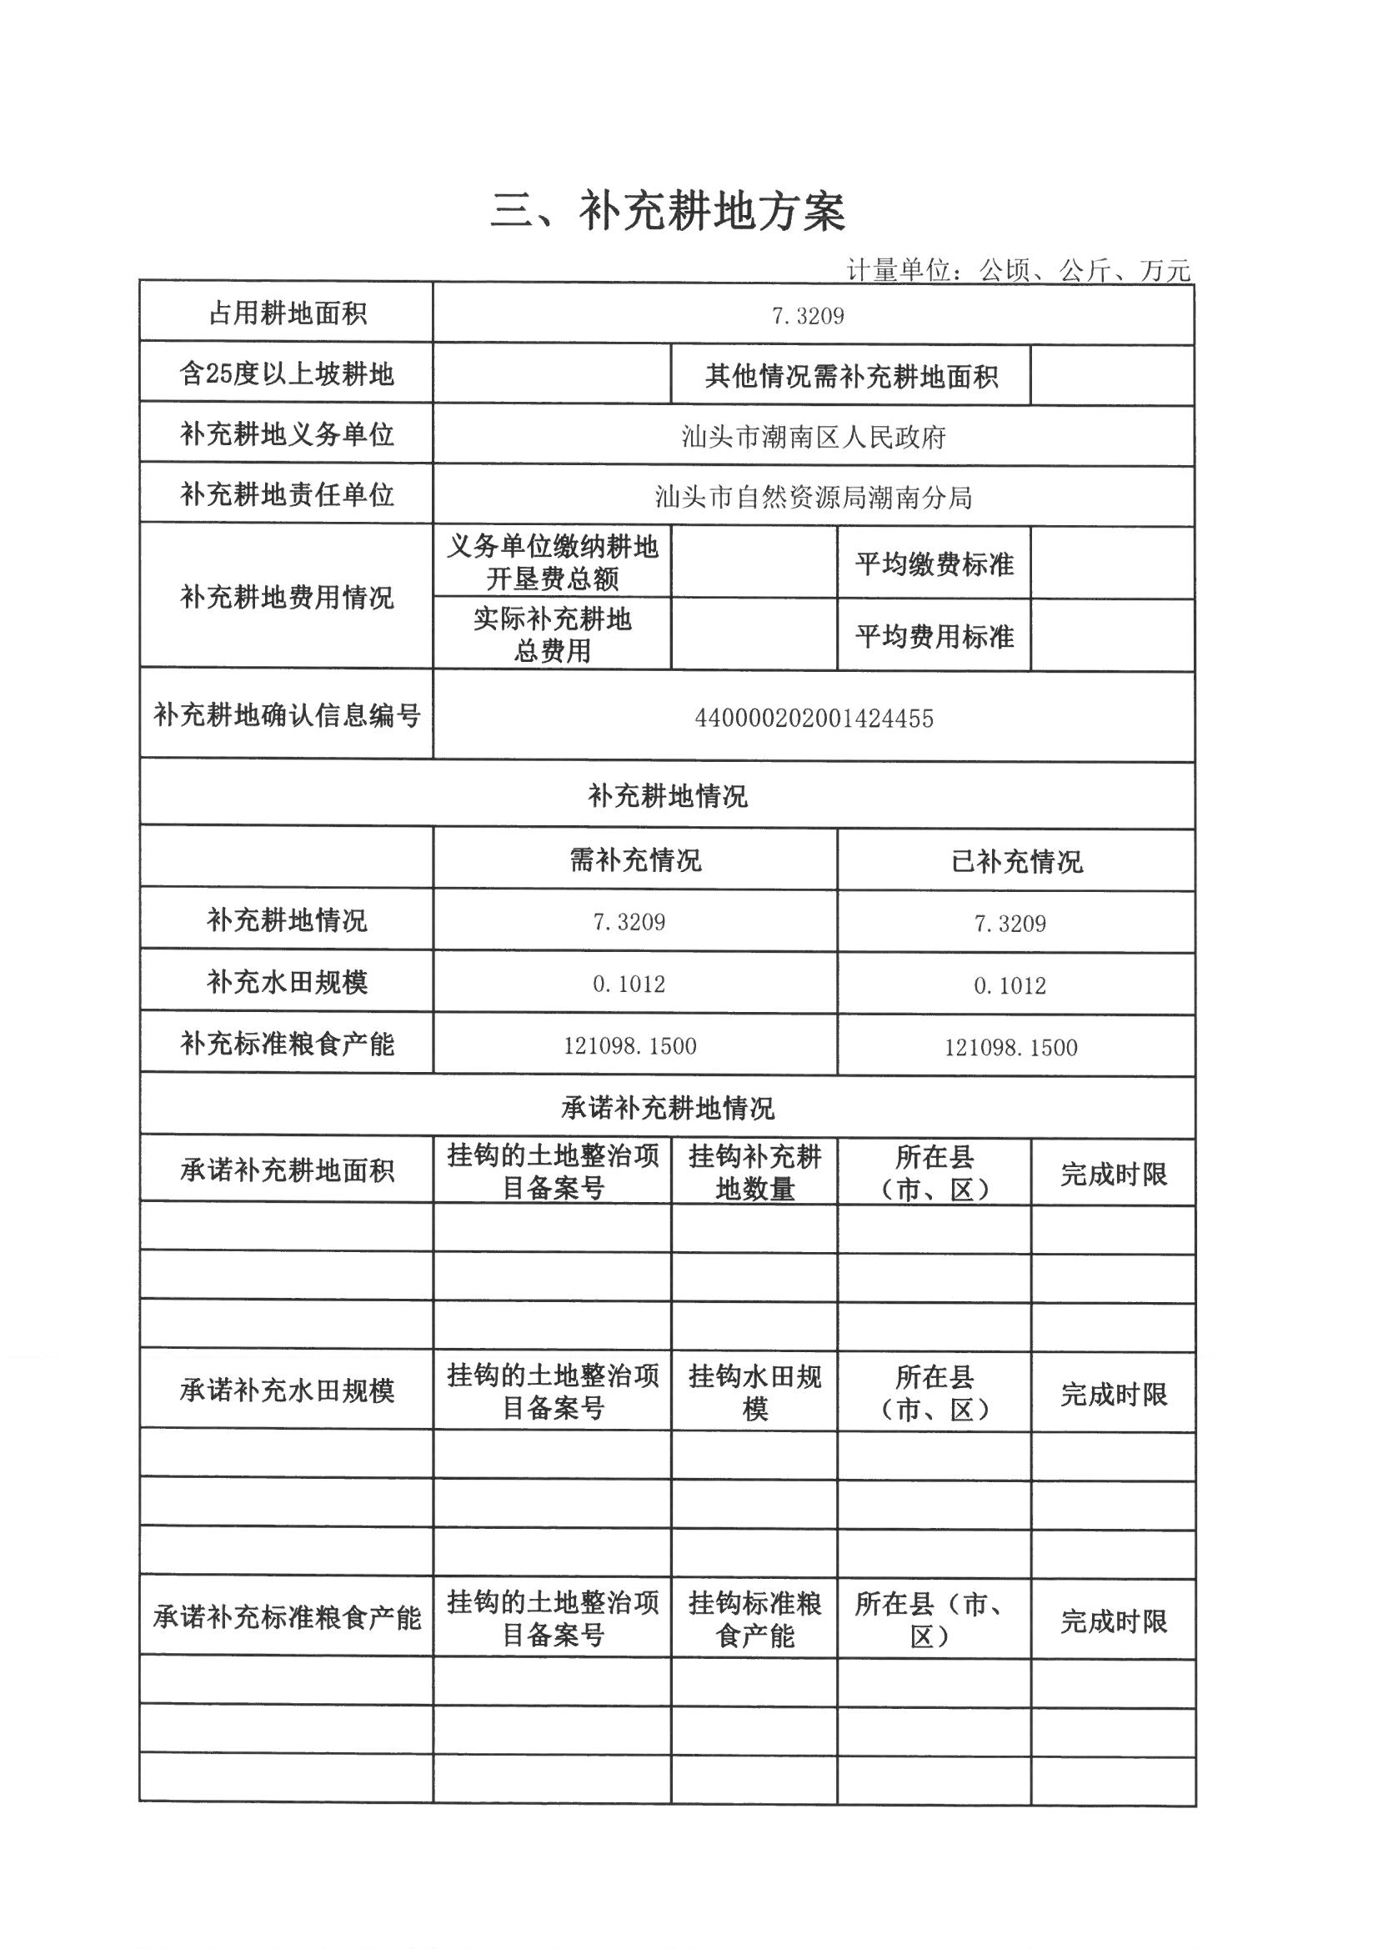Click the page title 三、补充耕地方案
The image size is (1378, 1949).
[668, 212]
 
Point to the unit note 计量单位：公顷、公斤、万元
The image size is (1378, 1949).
[1018, 270]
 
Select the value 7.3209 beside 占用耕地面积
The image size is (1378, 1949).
[808, 317]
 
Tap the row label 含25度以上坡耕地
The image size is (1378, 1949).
[286, 373]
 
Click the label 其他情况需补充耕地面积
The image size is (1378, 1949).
[851, 376]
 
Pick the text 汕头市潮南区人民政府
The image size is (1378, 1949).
[814, 437]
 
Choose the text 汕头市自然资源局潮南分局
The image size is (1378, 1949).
[814, 498]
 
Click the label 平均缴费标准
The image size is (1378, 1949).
[934, 564]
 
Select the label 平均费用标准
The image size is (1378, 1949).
[934, 637]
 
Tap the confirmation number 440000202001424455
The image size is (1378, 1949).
[814, 719]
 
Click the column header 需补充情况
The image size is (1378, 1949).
[635, 861]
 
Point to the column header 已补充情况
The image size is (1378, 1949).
[1016, 863]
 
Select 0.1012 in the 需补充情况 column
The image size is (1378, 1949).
[629, 985]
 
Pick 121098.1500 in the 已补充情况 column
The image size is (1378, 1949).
[1010, 1048]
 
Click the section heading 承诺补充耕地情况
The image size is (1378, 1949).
[668, 1108]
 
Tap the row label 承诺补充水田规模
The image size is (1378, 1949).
[286, 1391]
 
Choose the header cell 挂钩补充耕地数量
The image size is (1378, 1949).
[754, 1172]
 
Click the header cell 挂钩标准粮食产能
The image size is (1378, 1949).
[754, 1619]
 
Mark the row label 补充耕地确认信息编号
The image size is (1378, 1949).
[286, 715]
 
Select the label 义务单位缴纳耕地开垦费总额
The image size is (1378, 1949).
[552, 562]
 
